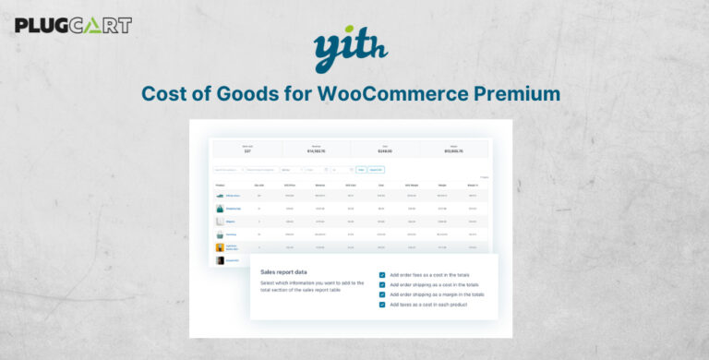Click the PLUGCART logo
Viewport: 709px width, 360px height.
pyautogui.click(x=73, y=25)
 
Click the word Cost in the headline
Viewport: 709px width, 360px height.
pyautogui.click(x=167, y=94)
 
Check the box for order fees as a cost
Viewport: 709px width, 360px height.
pyautogui.click(x=382, y=274)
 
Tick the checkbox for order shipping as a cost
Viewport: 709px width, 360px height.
pyautogui.click(x=382, y=284)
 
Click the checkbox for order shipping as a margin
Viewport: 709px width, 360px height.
pyautogui.click(x=382, y=294)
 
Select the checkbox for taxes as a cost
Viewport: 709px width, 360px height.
pyautogui.click(x=382, y=305)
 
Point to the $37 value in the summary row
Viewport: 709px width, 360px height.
pyautogui.click(x=247, y=150)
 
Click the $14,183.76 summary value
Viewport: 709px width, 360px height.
pyautogui.click(x=317, y=150)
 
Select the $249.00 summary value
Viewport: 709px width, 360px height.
pyautogui.click(x=386, y=150)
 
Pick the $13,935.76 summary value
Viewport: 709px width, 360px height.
pyautogui.click(x=454, y=150)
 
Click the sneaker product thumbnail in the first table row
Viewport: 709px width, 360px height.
pyautogui.click(x=220, y=196)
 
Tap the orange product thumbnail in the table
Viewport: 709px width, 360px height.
pyautogui.click(x=220, y=247)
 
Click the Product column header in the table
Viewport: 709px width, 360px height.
pyautogui.click(x=219, y=185)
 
